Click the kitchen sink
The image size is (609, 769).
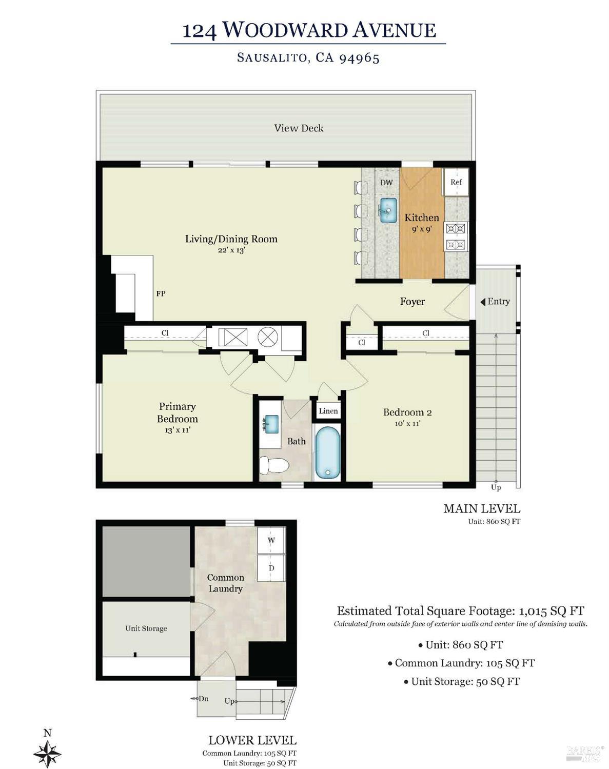[388, 210]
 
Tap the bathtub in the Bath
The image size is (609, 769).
[327, 453]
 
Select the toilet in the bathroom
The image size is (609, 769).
[273, 465]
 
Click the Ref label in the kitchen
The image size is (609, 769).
[456, 182]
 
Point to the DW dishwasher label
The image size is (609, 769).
[386, 183]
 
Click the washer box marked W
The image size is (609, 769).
[271, 540]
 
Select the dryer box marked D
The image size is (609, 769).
[271, 568]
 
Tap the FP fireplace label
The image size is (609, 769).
[161, 294]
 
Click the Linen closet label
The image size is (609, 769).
[328, 411]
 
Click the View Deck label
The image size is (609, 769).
[299, 128]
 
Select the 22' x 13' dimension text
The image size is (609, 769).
[231, 250]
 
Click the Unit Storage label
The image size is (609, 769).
[146, 628]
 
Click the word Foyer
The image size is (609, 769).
[412, 302]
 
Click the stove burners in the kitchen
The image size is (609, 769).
[456, 236]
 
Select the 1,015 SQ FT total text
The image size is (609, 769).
[552, 611]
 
